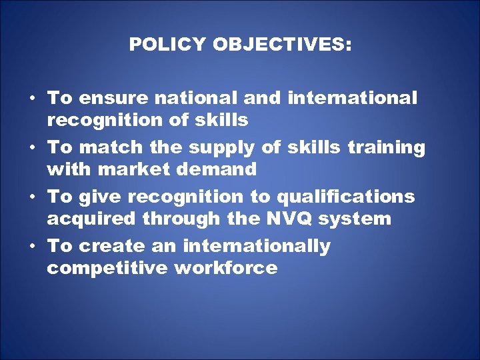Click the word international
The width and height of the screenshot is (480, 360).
pyautogui.click(x=353, y=98)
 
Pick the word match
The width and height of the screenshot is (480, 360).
pyautogui.click(x=107, y=147)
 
